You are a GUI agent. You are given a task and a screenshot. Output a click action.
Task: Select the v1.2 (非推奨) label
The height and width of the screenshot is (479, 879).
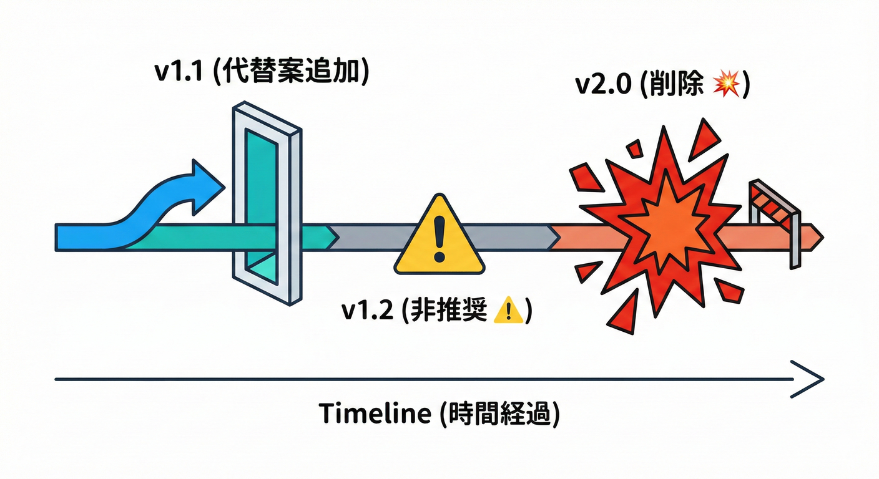coord(436,310)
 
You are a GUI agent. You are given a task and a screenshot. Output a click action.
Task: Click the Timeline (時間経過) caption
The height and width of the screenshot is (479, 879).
coord(439,413)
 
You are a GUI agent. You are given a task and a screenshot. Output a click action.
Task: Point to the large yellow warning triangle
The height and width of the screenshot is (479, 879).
coord(439,240)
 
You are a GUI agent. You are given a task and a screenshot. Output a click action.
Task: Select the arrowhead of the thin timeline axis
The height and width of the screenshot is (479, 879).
coord(812,379)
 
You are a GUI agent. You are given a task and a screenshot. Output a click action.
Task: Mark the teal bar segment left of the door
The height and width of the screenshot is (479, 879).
coord(187,238)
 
